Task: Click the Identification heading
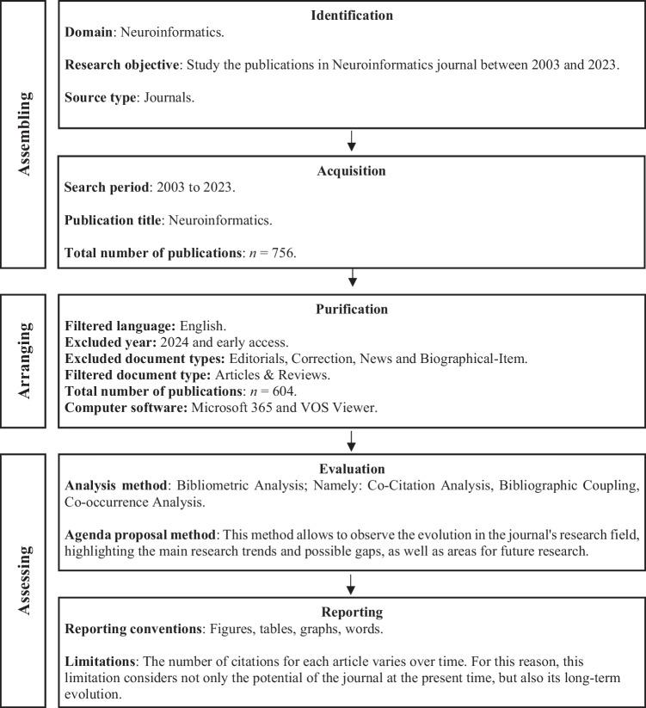tap(351, 15)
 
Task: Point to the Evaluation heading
tap(351, 468)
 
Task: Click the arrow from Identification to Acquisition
tap(351, 141)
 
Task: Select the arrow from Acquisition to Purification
tap(351, 279)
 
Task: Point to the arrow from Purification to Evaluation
tap(351, 440)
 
